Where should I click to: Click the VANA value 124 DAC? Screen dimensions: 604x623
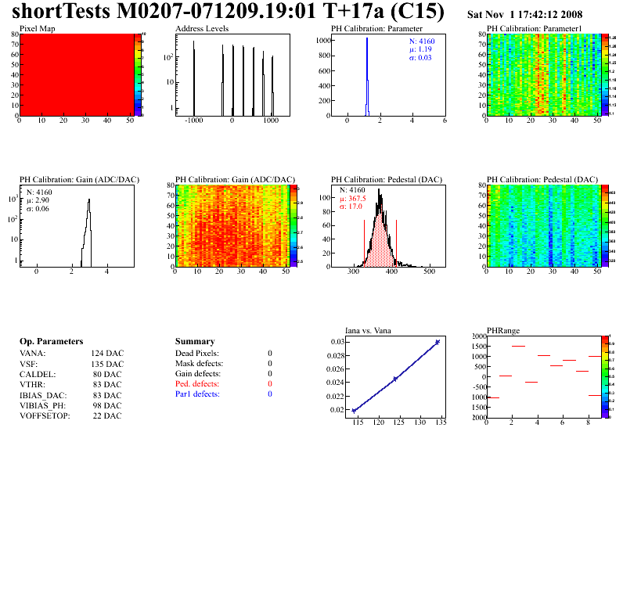coord(106,353)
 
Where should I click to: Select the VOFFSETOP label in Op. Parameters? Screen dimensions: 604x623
coord(45,415)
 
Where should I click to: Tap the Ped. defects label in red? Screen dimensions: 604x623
coord(197,384)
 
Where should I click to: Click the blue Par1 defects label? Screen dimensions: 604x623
coord(197,394)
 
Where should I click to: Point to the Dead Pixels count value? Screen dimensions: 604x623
coord(269,353)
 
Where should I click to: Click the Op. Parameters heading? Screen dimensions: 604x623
coord(51,342)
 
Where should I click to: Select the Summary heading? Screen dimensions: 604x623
coord(195,342)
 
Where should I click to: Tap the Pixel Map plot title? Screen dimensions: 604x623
coord(37,28)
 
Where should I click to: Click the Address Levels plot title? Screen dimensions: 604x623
coord(202,28)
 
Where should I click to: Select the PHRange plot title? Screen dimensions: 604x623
coord(503,330)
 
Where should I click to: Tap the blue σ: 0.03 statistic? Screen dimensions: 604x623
coord(423,57)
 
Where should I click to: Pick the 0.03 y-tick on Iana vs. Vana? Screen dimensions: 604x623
coord(337,342)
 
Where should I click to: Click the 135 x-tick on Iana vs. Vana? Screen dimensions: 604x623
coord(440,422)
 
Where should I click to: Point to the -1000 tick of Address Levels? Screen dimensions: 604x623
coord(193,122)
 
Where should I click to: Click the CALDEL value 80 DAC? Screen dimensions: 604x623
coord(108,374)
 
